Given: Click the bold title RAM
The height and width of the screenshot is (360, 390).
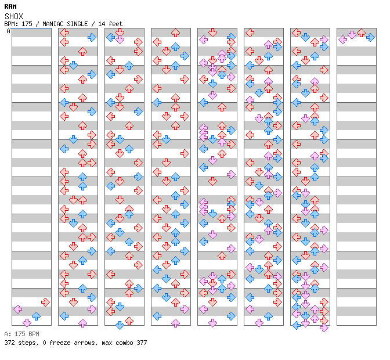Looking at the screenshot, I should coord(10,6).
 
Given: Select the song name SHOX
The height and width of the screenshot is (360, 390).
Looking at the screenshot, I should coord(13,16).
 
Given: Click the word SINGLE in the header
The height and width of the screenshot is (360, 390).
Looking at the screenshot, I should coord(76,24).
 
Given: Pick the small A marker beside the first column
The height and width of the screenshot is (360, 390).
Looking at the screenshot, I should coord(9,31).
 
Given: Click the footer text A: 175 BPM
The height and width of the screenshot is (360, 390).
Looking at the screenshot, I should coord(21,334).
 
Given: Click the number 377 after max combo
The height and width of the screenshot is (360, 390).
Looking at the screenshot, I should coord(141,343).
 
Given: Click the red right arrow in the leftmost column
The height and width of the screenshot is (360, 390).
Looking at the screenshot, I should coord(45,302).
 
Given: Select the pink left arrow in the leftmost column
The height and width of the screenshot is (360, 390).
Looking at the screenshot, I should coord(17,309).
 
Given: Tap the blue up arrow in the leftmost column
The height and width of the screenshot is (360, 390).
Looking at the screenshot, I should coord(36,316).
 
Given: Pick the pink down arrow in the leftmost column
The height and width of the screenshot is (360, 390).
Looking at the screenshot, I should coord(27,323).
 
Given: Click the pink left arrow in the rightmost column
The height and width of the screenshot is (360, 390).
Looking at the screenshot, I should coord(342,39).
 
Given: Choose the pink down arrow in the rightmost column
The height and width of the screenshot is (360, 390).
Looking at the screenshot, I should coord(352,35).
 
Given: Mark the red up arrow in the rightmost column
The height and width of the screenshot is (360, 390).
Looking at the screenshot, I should coord(361,33).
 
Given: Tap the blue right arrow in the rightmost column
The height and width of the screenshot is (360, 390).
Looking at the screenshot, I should coord(370,37).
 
